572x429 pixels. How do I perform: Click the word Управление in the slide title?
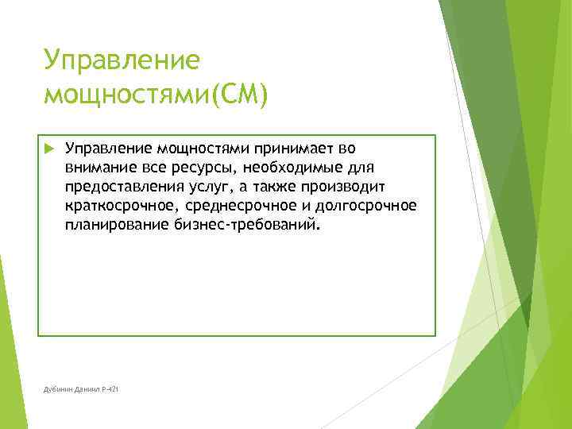tap(121, 60)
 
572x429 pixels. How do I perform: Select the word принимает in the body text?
tap(299, 149)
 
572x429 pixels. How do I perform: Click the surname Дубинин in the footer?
tap(58, 389)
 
